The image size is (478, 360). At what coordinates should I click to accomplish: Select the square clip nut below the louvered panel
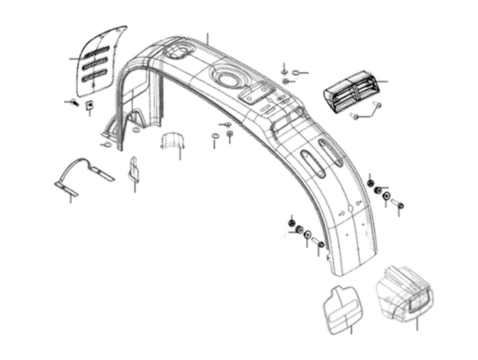pos(90,104)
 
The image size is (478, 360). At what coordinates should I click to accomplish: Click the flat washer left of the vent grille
pos(296,72)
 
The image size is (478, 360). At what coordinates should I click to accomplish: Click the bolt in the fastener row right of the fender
pos(398,204)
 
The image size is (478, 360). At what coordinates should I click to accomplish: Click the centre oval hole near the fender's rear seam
pos(349,209)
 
